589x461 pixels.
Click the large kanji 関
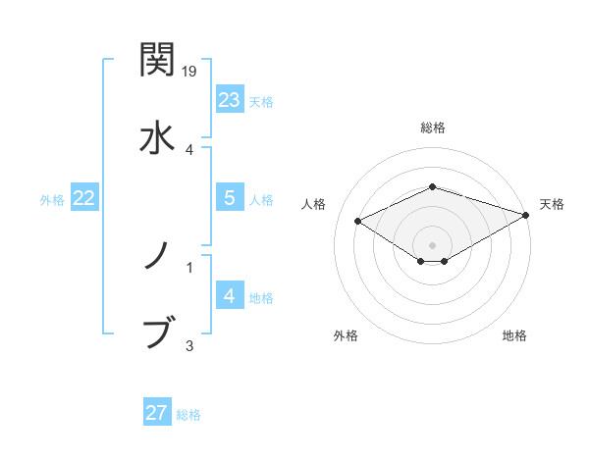pos(158,60)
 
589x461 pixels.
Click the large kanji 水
pos(158,136)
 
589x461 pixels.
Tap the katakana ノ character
pos(158,256)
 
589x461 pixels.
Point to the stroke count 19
pos(190,72)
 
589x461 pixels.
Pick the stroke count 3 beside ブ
pos(189,344)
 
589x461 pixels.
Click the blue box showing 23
pos(230,99)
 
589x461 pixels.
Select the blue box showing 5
pos(230,197)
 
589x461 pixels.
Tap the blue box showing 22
pos(84,197)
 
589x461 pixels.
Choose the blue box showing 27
pos(157,413)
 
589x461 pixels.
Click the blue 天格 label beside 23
pos(261,101)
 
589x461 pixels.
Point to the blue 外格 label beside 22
pos(52,199)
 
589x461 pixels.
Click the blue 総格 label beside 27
pos(188,415)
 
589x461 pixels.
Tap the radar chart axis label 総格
pos(433,128)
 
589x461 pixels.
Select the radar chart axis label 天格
pos(552,204)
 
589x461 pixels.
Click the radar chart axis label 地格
pos(514,335)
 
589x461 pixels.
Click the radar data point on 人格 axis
pos(358,221)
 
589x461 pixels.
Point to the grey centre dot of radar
pos(433,244)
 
